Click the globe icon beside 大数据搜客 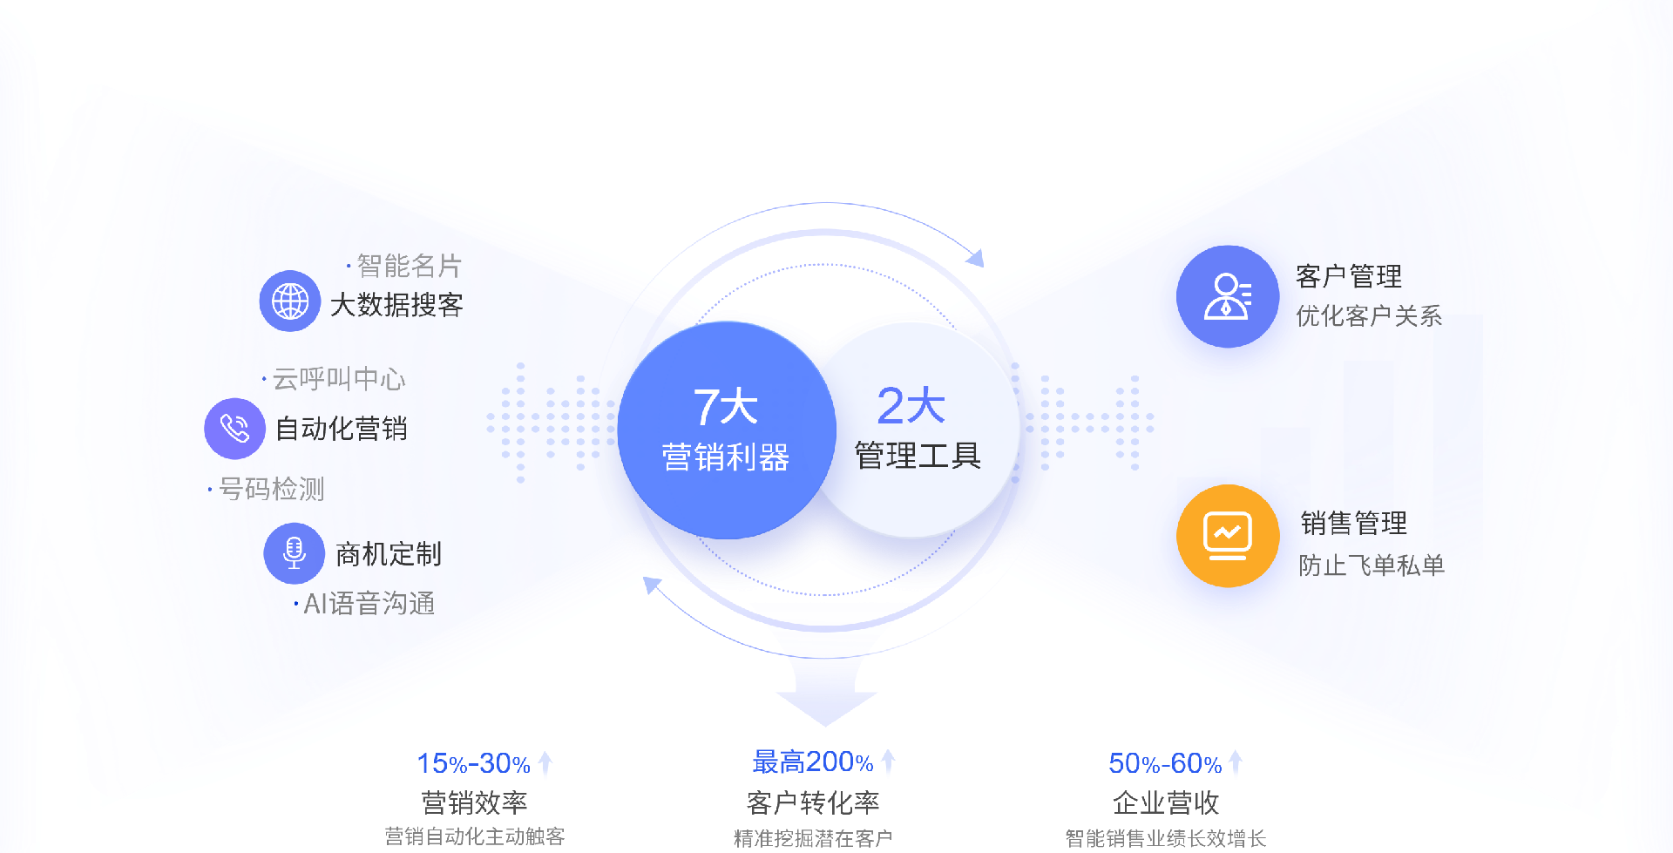[x=290, y=301]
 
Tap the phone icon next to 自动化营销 [x=234, y=429]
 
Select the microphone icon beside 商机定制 [x=295, y=553]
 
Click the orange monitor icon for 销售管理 [x=1228, y=536]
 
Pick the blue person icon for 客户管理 [x=1228, y=297]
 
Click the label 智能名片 [x=409, y=266]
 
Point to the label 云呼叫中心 [x=339, y=379]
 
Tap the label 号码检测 [x=271, y=489]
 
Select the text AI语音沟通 [x=369, y=603]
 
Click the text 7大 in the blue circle [x=725, y=407]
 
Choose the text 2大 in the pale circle [x=911, y=406]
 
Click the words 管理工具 [x=918, y=455]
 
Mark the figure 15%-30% [x=473, y=763]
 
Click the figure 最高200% [x=812, y=762]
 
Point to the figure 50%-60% [x=1164, y=763]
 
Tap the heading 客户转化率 [x=813, y=802]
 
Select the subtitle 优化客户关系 [x=1368, y=315]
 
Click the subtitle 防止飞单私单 [x=1372, y=565]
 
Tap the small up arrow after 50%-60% [x=1235, y=762]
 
